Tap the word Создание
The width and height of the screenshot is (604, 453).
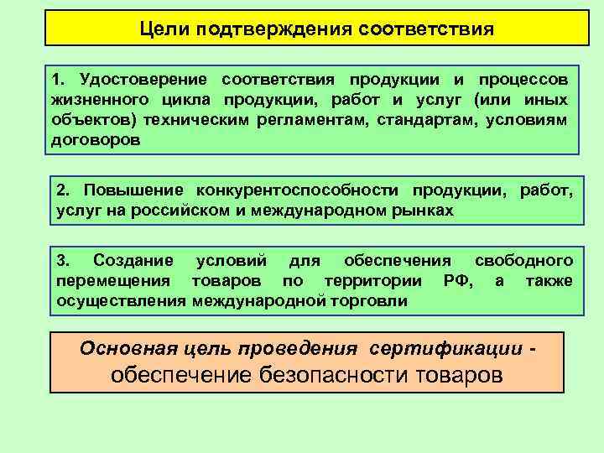(133, 260)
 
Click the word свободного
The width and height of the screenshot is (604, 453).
(523, 260)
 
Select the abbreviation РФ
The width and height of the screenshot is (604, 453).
(457, 280)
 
